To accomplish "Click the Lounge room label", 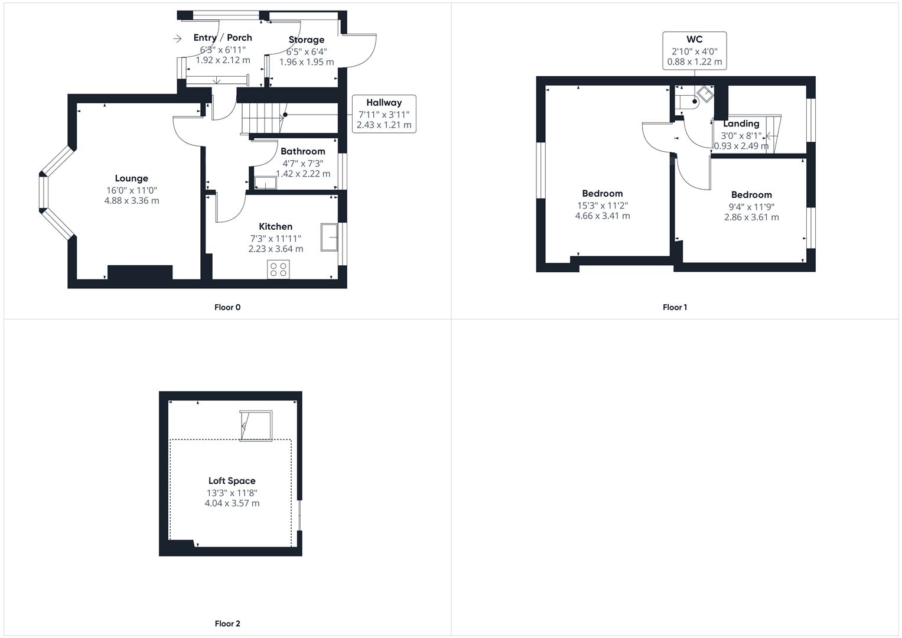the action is pos(131,178).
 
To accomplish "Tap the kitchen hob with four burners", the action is pos(278,269).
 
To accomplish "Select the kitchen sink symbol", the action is pos(329,237).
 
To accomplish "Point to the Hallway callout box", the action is pos(384,114).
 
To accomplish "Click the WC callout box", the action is pos(695,51).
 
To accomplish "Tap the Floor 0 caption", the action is pos(227,307).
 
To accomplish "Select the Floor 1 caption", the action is pos(675,307).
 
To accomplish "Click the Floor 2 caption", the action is pos(227,623).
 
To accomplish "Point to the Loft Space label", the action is pos(232,480).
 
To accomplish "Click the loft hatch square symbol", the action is pos(256,426).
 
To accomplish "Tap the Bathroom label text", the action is pos(303,151).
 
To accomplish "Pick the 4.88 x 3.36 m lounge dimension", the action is pos(132,201).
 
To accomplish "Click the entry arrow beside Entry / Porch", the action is pos(177,38).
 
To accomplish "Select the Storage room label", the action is pos(307,40).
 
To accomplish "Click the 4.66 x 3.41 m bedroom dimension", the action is pos(603,216).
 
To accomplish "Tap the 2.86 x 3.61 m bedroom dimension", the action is pos(751,217).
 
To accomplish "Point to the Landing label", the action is pos(741,123).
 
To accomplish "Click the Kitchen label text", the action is pos(275,226).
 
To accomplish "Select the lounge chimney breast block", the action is pos(140,272).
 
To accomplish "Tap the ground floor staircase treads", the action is pos(262,118).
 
